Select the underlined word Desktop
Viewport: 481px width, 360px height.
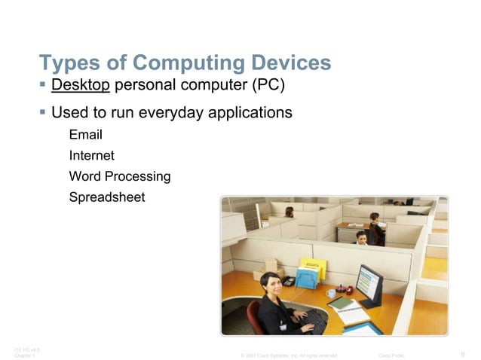81,84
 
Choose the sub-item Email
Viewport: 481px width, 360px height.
85,136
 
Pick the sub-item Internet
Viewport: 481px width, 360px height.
91,156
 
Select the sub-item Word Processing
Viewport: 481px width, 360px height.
119,177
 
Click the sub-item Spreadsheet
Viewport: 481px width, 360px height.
106,197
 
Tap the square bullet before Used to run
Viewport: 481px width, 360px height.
43,113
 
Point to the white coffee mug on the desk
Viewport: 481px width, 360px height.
331,293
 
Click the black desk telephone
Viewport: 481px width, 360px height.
288,281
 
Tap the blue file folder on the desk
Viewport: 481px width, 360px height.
306,278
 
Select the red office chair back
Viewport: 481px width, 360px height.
254,317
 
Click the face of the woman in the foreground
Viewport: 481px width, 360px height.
270,284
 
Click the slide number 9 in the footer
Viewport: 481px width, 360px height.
461,354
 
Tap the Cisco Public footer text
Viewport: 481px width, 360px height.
393,355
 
